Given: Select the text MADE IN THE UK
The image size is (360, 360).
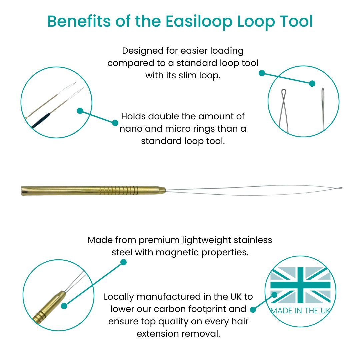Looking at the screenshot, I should pyautogui.click(x=300, y=311).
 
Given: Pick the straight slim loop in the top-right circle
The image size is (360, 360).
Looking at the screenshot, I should pyautogui.click(x=323, y=107).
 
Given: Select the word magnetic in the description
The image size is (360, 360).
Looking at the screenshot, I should pyautogui.click(x=179, y=252).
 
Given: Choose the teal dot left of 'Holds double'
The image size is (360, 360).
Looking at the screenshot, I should pyautogui.click(x=115, y=123).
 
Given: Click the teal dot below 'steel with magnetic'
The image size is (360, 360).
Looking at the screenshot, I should pyautogui.click(x=123, y=262).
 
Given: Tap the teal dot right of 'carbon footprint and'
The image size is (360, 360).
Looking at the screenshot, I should pyautogui.click(x=253, y=310).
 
